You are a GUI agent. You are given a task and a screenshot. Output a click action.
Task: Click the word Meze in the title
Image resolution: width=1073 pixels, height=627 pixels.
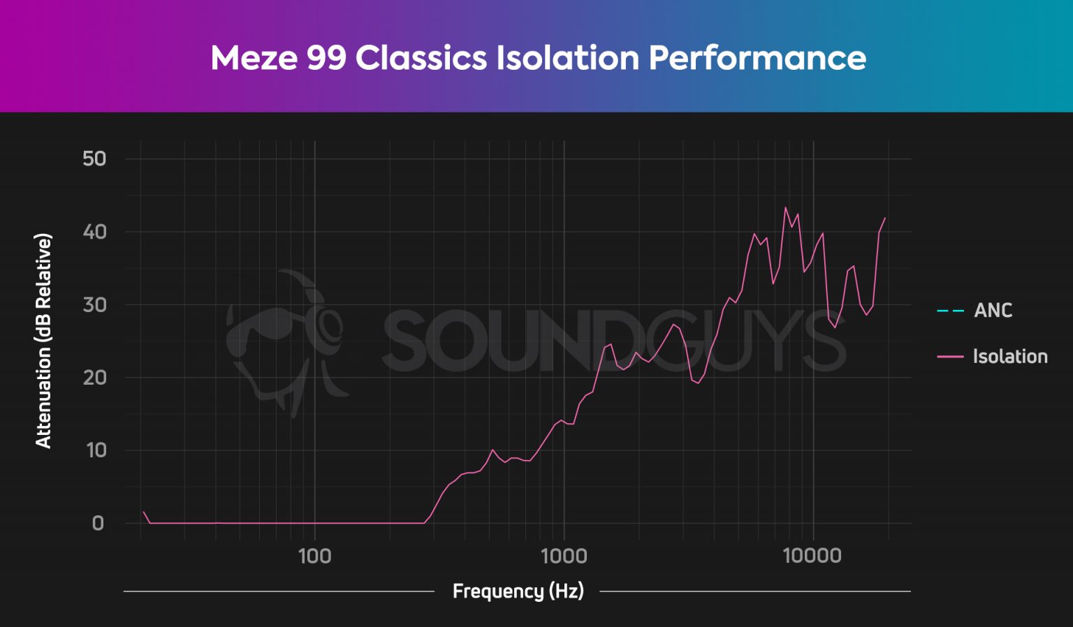click(x=254, y=58)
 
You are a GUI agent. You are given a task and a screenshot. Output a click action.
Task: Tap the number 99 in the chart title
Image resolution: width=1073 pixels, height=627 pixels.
click(x=326, y=58)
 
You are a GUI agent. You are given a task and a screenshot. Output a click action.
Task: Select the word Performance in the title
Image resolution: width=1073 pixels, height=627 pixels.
click(x=757, y=58)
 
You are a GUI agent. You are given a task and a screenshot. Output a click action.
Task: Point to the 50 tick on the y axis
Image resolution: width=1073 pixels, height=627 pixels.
click(x=94, y=159)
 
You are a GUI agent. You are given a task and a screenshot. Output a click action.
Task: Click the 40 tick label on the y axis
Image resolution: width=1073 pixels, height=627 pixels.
click(x=94, y=232)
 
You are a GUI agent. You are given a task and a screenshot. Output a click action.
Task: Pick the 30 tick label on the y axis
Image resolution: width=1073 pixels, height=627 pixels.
click(x=94, y=305)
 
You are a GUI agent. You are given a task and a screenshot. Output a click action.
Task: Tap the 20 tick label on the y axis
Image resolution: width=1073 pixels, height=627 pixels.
click(x=94, y=378)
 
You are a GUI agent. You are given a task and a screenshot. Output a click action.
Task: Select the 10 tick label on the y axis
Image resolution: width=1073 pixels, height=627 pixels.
click(x=96, y=450)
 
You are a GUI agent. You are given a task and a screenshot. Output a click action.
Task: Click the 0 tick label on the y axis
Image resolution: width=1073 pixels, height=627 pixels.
click(x=98, y=524)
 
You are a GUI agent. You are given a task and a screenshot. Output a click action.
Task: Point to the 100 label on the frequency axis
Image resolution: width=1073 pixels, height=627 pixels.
click(x=314, y=556)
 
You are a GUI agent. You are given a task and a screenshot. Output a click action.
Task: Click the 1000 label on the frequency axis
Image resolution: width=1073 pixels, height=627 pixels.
click(x=564, y=556)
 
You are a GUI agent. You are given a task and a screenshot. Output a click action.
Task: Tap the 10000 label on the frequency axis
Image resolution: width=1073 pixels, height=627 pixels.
click(x=812, y=556)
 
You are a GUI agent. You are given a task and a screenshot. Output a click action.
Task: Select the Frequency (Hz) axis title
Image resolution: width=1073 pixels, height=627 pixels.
click(x=518, y=591)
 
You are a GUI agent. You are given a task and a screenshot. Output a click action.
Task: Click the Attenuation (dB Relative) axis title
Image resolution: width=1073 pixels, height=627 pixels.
click(x=43, y=341)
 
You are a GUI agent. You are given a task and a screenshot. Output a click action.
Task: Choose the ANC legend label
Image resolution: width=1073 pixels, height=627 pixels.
click(x=993, y=311)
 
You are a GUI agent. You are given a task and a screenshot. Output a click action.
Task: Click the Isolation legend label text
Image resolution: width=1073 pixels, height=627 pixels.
click(x=1010, y=357)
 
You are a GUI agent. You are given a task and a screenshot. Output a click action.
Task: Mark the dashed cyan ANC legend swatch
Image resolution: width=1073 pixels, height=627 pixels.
click(x=950, y=311)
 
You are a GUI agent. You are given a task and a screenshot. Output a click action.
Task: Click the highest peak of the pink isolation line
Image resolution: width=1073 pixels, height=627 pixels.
click(x=786, y=207)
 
